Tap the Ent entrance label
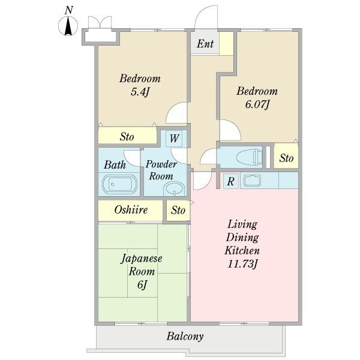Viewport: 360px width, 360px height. click(x=205, y=44)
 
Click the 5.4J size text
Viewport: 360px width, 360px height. click(x=140, y=92)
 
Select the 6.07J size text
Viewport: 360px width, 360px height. click(x=257, y=105)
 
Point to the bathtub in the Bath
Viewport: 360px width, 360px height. click(x=119, y=184)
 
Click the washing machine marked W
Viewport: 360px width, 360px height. click(x=174, y=139)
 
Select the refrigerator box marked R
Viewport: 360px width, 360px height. click(x=231, y=181)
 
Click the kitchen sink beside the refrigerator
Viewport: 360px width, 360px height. click(x=252, y=181)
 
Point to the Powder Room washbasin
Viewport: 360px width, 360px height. click(x=174, y=189)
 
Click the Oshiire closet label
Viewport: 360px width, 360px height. click(x=131, y=210)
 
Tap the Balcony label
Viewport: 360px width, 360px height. click(x=185, y=337)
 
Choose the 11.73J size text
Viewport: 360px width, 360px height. click(x=242, y=264)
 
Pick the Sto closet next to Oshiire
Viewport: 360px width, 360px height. click(x=178, y=211)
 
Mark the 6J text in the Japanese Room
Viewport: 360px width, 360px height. click(x=142, y=285)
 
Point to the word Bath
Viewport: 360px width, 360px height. click(x=115, y=165)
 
